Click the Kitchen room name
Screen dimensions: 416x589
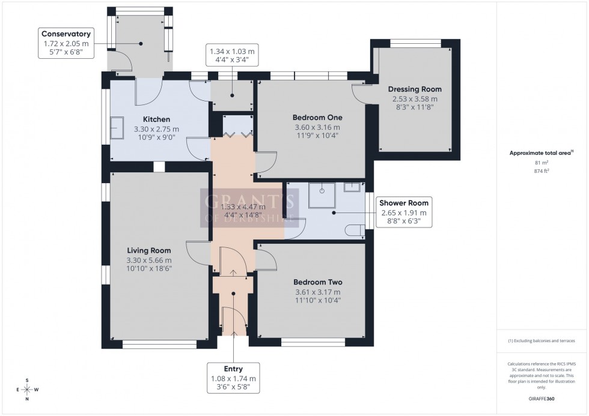(156, 119)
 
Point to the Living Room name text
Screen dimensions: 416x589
(148, 250)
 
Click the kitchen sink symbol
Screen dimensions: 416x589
(117, 128)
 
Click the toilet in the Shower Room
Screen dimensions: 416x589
(356, 229)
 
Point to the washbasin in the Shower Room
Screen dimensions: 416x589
(352, 187)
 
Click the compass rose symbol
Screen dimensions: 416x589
(27, 390)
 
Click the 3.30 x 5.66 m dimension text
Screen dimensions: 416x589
(148, 260)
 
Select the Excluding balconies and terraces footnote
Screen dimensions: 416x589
(542, 340)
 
